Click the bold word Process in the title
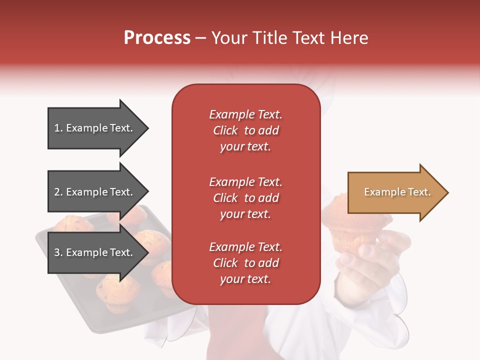point(157,38)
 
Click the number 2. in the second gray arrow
point(58,192)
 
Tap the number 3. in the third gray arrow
point(58,252)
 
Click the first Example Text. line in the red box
point(245,114)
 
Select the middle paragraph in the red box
point(245,198)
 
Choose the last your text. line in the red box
point(245,279)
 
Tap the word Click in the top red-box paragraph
point(225,130)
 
